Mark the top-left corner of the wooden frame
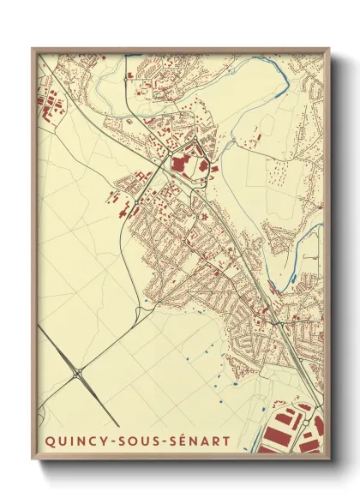tap(33, 49)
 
